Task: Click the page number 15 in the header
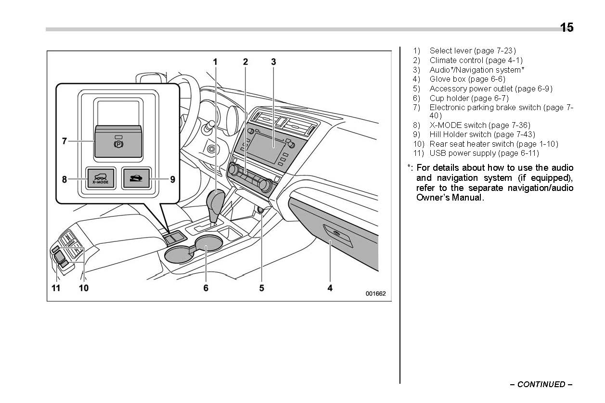tap(566, 27)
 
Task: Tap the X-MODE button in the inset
tap(101, 179)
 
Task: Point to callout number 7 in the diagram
tap(64, 141)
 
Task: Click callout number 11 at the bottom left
tap(56, 288)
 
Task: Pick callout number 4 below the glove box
tap(330, 288)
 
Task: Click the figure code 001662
tap(375, 294)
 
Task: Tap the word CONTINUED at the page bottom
tap(541, 384)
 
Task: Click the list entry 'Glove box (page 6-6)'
tap(467, 79)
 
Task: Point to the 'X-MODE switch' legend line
tap(479, 125)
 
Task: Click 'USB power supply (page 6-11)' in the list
tap(484, 153)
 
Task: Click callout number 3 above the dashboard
tap(273, 62)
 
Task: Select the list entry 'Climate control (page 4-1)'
tap(476, 60)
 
